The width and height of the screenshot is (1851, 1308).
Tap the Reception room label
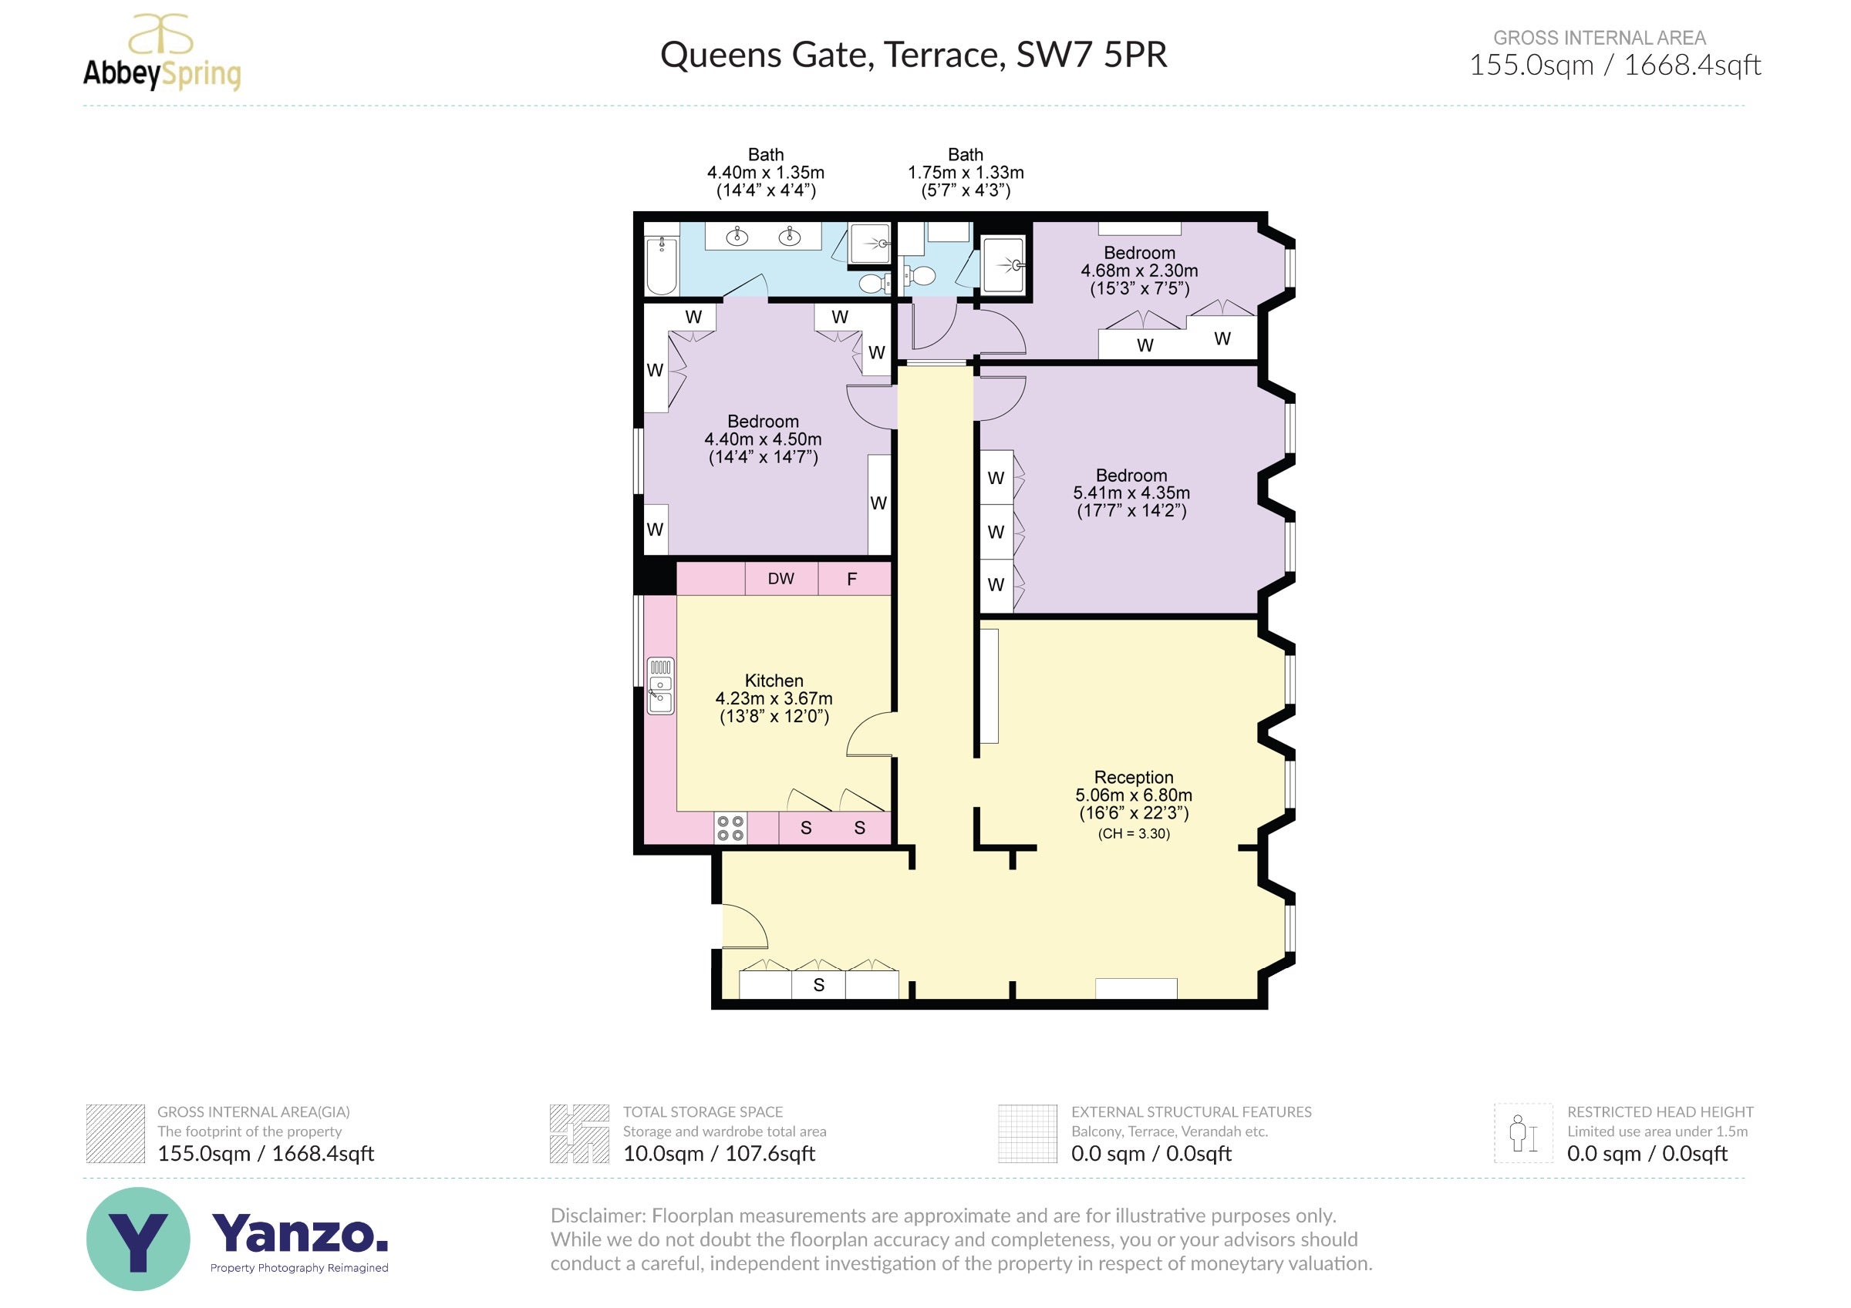click(1133, 777)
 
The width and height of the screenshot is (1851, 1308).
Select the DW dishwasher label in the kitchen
click(781, 579)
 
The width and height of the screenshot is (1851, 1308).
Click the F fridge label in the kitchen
click(851, 579)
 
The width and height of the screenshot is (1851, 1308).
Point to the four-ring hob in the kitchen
click(730, 828)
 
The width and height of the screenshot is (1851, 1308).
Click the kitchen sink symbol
click(660, 686)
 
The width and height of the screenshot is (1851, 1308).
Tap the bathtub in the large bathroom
click(662, 265)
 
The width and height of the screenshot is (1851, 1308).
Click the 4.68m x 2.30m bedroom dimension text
click(1138, 271)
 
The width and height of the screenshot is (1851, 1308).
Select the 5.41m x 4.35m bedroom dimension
click(1131, 493)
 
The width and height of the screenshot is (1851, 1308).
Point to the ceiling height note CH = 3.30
click(1134, 833)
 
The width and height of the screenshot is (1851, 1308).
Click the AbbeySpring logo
click(162, 52)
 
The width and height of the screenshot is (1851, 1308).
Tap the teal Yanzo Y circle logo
click(138, 1239)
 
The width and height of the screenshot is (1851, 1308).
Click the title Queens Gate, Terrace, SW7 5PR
click(913, 55)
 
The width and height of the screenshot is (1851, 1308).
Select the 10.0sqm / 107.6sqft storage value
click(719, 1153)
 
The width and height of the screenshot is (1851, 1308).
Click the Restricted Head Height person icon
click(1523, 1132)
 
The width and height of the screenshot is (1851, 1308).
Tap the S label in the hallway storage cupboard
click(818, 985)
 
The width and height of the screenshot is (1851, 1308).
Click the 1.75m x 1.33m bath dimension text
click(966, 173)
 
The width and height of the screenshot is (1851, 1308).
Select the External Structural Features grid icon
click(1027, 1133)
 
